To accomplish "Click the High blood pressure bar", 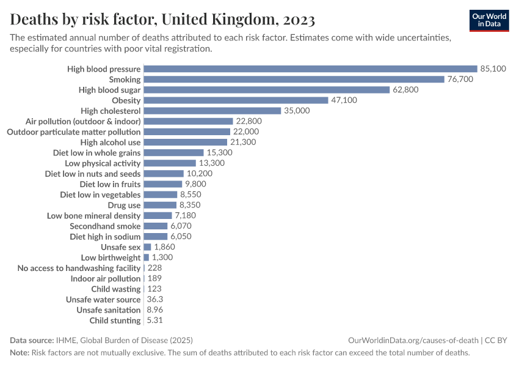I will [x=310, y=69].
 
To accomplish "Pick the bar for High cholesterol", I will [x=212, y=111].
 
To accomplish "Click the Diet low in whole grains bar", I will [x=173, y=153].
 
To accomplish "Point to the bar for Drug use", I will [x=160, y=205].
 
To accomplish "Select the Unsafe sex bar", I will [x=147, y=247].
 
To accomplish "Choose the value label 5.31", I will [x=155, y=321].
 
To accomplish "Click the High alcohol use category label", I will [x=111, y=143].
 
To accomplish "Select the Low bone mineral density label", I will [x=94, y=216].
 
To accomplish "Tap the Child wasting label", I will [x=116, y=289].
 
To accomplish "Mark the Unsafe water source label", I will [x=103, y=300].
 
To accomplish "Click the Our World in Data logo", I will [x=489, y=20].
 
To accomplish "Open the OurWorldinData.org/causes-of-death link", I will [x=413, y=340].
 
